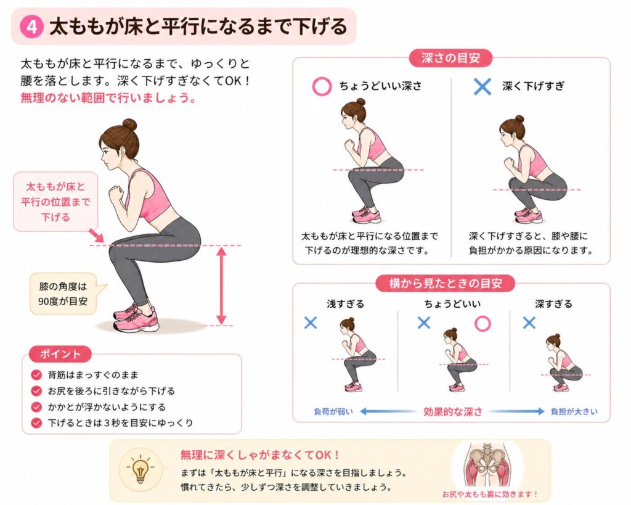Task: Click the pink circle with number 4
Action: [31, 27]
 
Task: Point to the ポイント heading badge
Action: [60, 355]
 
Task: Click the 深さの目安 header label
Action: [450, 59]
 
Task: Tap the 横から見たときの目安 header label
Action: [446, 284]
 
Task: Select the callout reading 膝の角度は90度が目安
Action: [63, 294]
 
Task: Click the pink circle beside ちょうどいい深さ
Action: [322, 86]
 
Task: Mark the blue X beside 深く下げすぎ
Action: [482, 86]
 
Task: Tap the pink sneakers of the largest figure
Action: [136, 318]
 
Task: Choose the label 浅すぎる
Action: [345, 304]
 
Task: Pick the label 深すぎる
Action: [554, 304]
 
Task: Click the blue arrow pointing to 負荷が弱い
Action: [388, 411]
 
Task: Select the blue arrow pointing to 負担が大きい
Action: [516, 411]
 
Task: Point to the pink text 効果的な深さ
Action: [453, 411]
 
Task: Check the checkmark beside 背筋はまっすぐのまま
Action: [36, 376]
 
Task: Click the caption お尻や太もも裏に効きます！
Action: [490, 494]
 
